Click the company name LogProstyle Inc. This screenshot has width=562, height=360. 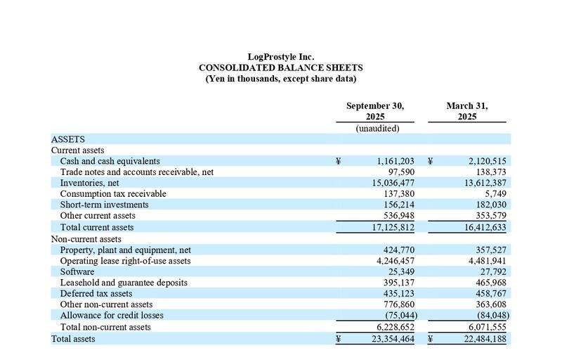(281, 56)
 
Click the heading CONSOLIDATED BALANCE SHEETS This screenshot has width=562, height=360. (281, 67)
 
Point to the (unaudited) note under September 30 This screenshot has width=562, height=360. (377, 129)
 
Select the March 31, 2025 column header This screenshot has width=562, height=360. (467, 111)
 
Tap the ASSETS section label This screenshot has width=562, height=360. (68, 139)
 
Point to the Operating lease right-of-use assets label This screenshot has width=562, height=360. (126, 261)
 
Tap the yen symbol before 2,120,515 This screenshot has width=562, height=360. (430, 161)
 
